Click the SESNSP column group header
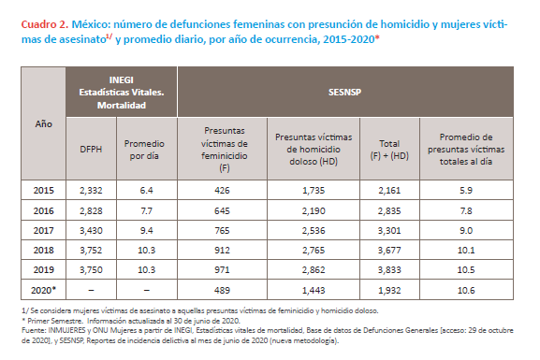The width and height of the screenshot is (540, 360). [x=344, y=93]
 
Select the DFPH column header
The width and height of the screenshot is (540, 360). [x=91, y=150]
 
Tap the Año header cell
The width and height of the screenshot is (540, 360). [x=43, y=124]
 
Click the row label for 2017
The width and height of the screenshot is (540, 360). [x=43, y=230]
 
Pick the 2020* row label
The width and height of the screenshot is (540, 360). [x=43, y=290]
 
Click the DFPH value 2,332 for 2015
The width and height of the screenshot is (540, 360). [x=91, y=191]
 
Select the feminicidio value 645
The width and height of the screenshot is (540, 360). [x=222, y=210]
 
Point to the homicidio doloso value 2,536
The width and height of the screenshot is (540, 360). [x=314, y=230]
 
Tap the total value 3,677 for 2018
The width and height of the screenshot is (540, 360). [x=389, y=250]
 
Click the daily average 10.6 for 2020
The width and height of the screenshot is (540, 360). [x=466, y=290]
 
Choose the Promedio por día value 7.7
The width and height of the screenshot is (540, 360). [x=146, y=210]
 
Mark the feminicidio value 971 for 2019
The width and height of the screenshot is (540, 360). [x=222, y=270]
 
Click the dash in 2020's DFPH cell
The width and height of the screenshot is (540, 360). [x=91, y=291]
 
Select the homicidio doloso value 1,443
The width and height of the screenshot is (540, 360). [x=314, y=290]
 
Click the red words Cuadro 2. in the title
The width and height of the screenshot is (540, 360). [x=45, y=24]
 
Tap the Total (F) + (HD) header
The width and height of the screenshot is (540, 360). [x=389, y=150]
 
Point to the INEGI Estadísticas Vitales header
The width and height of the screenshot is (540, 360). [x=122, y=93]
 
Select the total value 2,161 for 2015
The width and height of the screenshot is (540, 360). [x=389, y=191]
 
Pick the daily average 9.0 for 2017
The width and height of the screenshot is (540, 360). [x=466, y=230]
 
